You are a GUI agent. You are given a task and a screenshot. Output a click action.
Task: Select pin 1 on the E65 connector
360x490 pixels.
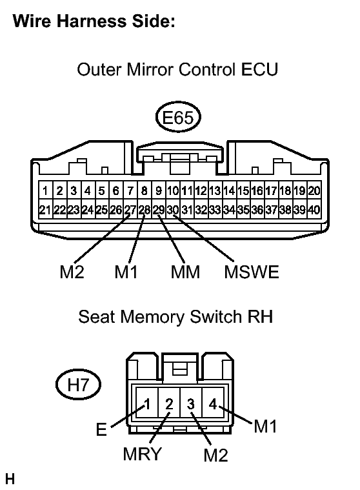(46, 190)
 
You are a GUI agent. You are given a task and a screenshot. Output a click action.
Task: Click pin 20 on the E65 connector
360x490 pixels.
(314, 190)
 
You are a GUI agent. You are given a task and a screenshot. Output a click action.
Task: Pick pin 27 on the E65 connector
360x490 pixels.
(130, 210)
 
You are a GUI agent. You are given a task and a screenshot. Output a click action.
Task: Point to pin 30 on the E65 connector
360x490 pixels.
(173, 210)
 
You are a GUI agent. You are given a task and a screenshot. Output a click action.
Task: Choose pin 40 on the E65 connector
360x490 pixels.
(314, 210)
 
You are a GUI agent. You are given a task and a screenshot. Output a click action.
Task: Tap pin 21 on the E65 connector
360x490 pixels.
(46, 210)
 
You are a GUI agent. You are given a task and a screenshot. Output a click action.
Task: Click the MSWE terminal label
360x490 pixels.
(252, 272)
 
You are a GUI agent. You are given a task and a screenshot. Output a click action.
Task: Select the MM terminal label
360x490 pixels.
(185, 272)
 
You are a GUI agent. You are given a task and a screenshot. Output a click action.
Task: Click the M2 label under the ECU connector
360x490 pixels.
(72, 272)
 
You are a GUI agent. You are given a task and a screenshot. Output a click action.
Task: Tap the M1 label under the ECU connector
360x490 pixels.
(126, 272)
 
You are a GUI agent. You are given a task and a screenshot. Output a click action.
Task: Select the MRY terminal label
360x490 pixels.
(143, 454)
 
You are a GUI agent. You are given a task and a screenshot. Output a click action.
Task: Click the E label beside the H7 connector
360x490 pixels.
(101, 429)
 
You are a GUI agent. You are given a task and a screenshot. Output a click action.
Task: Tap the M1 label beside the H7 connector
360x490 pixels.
(265, 426)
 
